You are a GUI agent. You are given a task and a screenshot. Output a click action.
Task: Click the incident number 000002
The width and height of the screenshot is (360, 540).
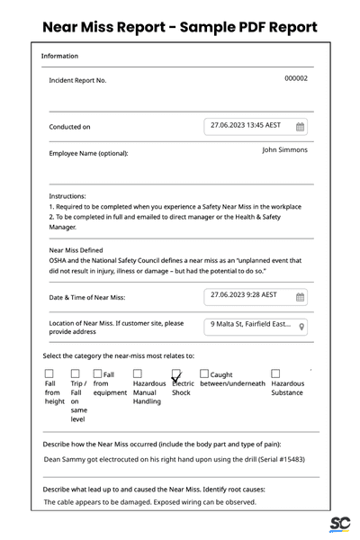point(296,78)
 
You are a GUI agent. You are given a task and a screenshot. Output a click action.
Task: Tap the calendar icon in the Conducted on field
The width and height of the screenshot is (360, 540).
point(301,127)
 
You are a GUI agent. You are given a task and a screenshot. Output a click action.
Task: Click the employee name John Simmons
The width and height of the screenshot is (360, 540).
point(284,150)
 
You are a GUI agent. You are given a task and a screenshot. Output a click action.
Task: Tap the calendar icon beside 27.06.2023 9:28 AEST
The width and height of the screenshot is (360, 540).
point(301,296)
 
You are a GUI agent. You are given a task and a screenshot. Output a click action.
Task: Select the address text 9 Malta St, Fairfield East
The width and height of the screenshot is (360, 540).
point(250,325)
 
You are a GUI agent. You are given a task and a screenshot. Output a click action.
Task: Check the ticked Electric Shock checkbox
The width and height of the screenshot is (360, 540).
point(177,373)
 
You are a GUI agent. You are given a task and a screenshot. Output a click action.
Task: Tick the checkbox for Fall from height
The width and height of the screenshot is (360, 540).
point(49,373)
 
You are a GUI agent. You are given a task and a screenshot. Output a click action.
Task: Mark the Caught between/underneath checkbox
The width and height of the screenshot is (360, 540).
point(204,373)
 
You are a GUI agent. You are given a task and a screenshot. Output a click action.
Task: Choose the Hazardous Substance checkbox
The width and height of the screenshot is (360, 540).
point(276,373)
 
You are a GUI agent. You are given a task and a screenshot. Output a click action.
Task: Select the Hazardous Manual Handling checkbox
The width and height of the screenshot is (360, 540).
point(138,373)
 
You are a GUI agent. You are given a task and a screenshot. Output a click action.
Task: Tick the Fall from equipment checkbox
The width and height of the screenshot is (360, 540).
point(97,373)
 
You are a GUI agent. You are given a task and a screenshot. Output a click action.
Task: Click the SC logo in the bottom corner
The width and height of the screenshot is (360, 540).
point(339,524)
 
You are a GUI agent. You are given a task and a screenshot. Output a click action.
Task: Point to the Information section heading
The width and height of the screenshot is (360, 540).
point(59,57)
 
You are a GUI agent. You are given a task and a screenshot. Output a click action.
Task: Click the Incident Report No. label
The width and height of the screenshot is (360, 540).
point(77,80)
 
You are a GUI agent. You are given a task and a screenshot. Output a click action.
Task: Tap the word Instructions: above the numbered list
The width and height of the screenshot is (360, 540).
point(67,196)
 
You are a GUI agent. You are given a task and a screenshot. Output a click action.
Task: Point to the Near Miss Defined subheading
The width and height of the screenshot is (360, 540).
point(76,250)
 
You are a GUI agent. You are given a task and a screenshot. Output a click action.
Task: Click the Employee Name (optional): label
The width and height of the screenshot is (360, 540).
point(88,153)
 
